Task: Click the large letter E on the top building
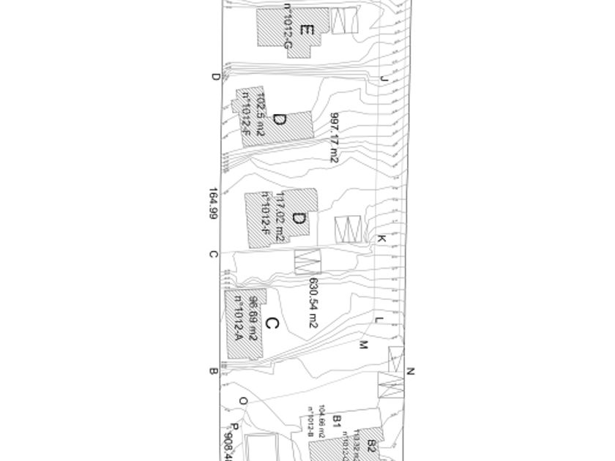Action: [307, 31]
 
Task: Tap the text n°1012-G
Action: [288, 31]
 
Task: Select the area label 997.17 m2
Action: [334, 138]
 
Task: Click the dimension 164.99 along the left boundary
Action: [213, 204]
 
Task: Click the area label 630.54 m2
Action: [313, 302]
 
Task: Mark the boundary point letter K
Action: [381, 239]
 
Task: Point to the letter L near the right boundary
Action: [379, 320]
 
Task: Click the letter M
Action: [362, 345]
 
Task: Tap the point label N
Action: [411, 372]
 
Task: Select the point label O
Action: [244, 401]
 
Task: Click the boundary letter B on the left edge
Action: [213, 371]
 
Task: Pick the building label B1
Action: [338, 420]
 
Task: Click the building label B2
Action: [371, 444]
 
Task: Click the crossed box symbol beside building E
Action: [344, 20]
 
